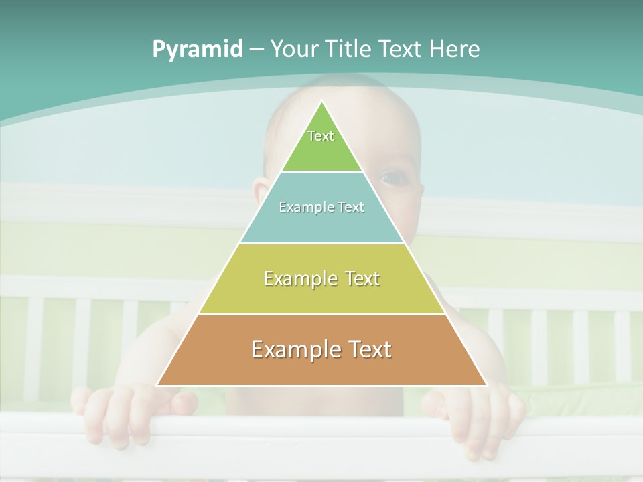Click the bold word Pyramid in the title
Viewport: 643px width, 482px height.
tap(198, 50)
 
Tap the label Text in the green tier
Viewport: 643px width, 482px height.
tap(321, 136)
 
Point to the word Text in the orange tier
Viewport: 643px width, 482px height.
tap(364, 349)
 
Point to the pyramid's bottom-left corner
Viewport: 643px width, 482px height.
tap(157, 386)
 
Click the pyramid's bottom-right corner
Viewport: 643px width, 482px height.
tap(487, 386)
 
